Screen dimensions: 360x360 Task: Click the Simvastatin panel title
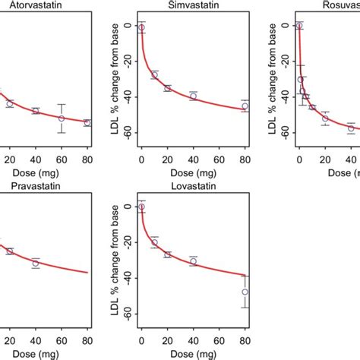coord(192,6)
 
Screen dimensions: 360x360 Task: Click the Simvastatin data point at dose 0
coord(141,27)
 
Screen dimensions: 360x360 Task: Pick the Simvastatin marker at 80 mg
coord(245,106)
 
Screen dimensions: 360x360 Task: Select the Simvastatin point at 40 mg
coord(193,96)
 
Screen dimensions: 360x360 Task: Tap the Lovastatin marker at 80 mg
coord(245,292)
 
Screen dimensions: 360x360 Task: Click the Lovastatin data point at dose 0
coord(141,207)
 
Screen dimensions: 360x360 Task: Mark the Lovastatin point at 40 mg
coord(193,261)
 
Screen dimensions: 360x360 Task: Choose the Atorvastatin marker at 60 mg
coord(62,118)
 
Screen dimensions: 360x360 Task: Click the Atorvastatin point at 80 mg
coord(87,122)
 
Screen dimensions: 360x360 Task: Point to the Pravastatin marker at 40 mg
coord(36,264)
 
